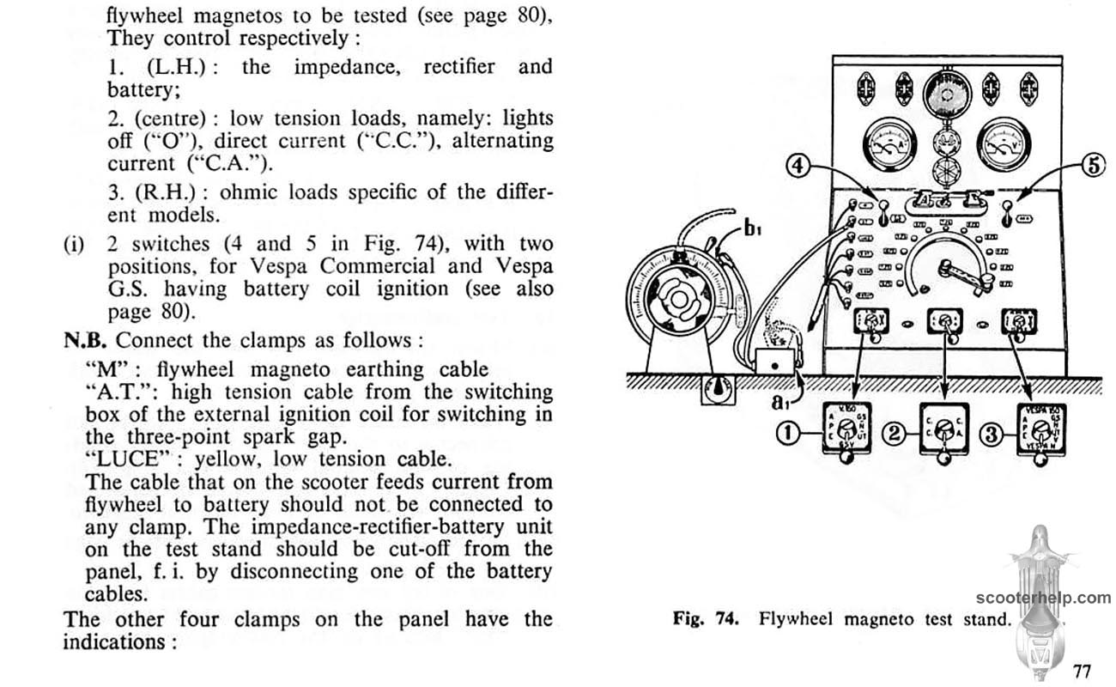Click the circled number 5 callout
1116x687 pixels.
[x=1093, y=167]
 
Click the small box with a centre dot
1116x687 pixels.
[x=775, y=365]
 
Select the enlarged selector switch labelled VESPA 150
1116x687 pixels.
[x=1042, y=429]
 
